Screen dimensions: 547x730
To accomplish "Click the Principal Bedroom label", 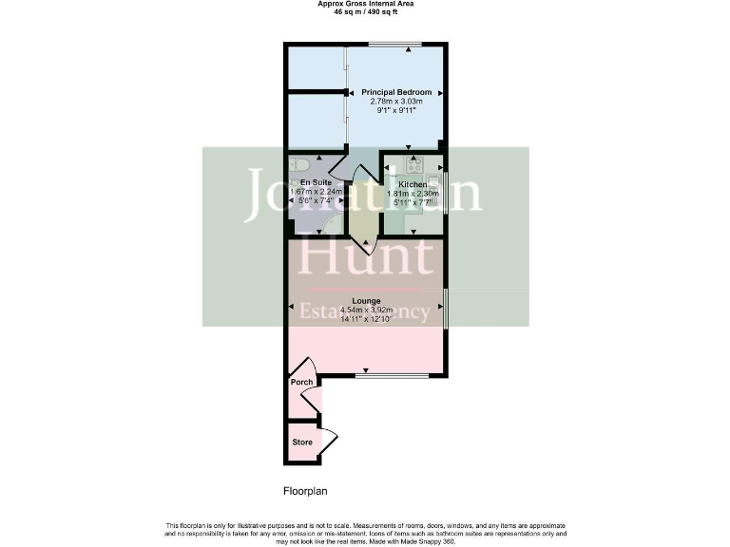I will point(395,92).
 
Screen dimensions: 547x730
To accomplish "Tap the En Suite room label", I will point(315,181).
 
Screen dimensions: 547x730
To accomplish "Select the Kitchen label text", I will point(413,183).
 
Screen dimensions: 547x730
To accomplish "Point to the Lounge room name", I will point(366,301).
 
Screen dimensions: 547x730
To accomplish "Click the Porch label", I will point(301,382).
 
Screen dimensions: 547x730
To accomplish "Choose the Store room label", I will point(301,443).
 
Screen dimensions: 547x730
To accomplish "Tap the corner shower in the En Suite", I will point(332,224).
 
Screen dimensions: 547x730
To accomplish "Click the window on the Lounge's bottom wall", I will point(392,376).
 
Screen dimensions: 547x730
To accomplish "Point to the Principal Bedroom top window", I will point(395,44).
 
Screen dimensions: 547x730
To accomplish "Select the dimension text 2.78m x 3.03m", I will point(395,102).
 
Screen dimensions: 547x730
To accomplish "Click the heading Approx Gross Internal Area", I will point(365,4).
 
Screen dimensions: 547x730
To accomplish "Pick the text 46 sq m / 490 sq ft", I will point(365,12).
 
